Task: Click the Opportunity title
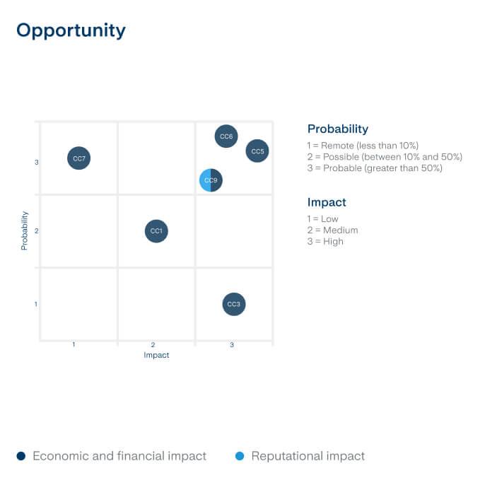click(71, 30)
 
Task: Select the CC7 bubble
click(79, 158)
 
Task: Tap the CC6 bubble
click(226, 136)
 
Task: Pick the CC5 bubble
click(257, 151)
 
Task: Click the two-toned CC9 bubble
click(211, 181)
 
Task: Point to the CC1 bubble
click(156, 231)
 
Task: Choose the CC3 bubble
click(233, 305)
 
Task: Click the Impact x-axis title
click(156, 356)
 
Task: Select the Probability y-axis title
click(25, 230)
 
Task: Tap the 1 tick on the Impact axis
click(74, 345)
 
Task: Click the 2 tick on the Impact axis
click(153, 345)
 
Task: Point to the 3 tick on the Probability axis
click(36, 163)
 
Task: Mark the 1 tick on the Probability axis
click(36, 304)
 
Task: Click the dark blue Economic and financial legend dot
click(21, 456)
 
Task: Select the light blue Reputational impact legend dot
click(240, 456)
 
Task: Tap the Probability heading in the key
click(338, 129)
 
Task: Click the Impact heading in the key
click(327, 202)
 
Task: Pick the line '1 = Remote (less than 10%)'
click(363, 146)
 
